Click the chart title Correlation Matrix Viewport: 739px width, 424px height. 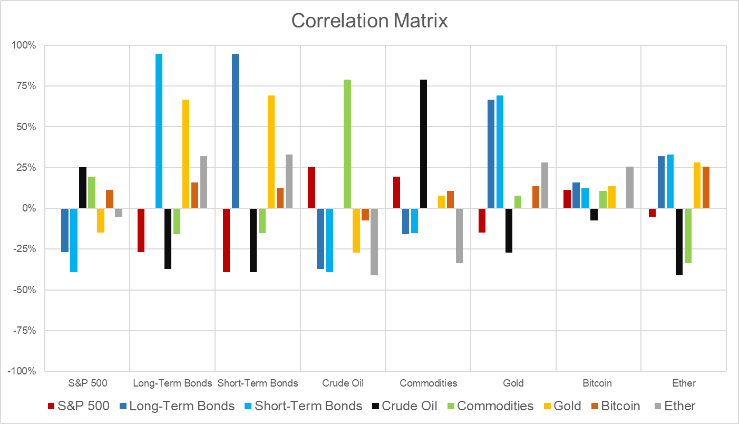pyautogui.click(x=369, y=21)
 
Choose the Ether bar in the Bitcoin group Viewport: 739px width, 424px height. pyautogui.click(x=629, y=187)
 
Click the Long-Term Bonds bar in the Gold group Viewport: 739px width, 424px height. pyautogui.click(x=491, y=153)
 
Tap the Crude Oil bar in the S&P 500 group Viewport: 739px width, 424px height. pyautogui.click(x=83, y=187)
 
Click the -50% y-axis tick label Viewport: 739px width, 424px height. pyautogui.click(x=24, y=290)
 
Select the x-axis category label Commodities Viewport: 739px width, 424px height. pyautogui.click(x=428, y=383)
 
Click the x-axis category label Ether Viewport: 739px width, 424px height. pyautogui.click(x=684, y=383)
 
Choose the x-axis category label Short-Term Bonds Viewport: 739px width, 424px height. pyautogui.click(x=258, y=383)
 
